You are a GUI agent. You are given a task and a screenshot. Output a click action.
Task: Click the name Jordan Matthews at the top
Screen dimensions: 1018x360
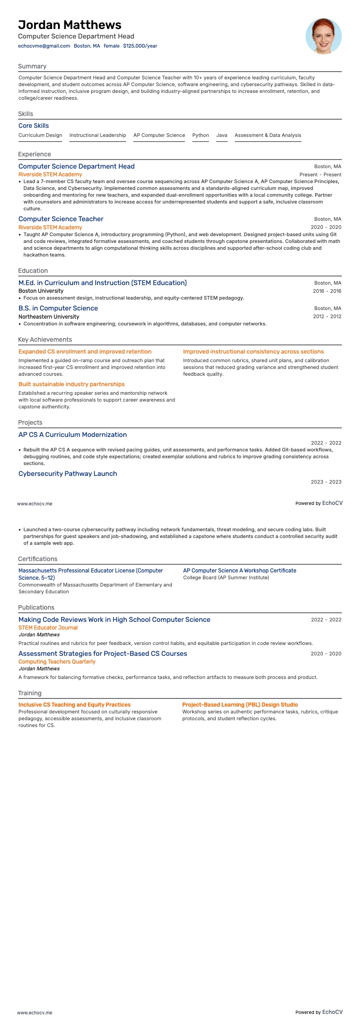[70, 25]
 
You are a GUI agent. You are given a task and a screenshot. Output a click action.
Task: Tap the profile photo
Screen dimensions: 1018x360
[323, 36]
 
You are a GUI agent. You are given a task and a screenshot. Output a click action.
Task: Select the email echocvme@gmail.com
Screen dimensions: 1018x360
[44, 46]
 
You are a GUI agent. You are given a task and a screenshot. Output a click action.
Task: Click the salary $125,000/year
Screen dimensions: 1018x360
[140, 46]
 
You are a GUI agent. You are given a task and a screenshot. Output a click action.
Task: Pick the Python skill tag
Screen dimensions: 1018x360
[200, 135]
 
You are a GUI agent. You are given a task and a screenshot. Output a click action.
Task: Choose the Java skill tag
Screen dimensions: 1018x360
[222, 135]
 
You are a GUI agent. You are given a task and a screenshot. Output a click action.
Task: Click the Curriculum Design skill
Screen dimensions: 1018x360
[40, 135]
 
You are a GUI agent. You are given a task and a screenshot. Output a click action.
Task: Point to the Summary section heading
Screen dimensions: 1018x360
[32, 66]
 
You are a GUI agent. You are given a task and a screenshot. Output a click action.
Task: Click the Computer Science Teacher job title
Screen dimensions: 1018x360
[61, 219]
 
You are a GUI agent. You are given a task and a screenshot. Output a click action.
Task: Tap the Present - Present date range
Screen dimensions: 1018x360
[320, 175]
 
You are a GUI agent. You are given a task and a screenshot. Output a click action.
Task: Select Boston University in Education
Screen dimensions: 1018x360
[41, 291]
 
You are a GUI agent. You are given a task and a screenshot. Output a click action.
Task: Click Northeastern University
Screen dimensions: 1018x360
[49, 317]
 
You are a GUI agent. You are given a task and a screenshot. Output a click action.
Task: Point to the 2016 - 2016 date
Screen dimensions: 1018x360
[327, 291]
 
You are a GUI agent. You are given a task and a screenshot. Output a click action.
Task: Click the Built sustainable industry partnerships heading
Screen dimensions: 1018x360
[72, 384]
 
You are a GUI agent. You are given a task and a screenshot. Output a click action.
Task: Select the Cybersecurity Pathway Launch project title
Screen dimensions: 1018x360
[68, 474]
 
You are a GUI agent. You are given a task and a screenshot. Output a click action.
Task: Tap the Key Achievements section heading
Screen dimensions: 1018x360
[45, 339]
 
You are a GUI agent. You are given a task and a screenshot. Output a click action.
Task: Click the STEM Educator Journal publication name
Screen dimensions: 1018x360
[48, 628]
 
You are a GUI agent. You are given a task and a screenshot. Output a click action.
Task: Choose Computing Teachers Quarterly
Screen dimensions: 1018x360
[57, 662]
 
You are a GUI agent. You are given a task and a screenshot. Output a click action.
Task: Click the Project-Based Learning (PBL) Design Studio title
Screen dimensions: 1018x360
[240, 705]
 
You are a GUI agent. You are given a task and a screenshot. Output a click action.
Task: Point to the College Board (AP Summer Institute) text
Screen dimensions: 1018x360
[226, 577]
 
